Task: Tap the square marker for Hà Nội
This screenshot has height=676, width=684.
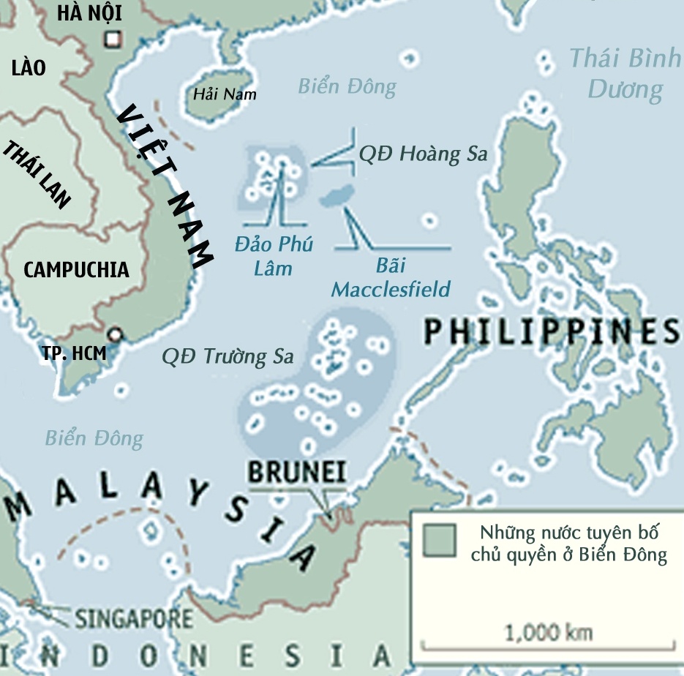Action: coord(112,40)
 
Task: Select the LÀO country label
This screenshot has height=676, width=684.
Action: coord(29,69)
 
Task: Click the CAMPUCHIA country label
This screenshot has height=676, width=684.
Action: coord(76,269)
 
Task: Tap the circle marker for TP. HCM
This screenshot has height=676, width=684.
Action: coord(114,335)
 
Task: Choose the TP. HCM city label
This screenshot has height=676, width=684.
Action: coord(73,353)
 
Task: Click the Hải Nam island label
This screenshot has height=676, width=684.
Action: coord(224,94)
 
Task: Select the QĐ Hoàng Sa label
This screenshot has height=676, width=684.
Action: coord(423,154)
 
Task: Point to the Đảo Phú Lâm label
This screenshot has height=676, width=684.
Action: coord(274,255)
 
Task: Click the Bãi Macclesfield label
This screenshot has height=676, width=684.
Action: coord(391,277)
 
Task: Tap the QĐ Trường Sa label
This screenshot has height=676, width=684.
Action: coord(228,356)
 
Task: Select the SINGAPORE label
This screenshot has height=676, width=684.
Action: coord(134,619)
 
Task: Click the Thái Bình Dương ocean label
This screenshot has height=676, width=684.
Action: coord(625,73)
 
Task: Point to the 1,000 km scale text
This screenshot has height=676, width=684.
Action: coord(549,632)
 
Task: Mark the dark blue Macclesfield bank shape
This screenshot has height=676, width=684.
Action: coord(337,195)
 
